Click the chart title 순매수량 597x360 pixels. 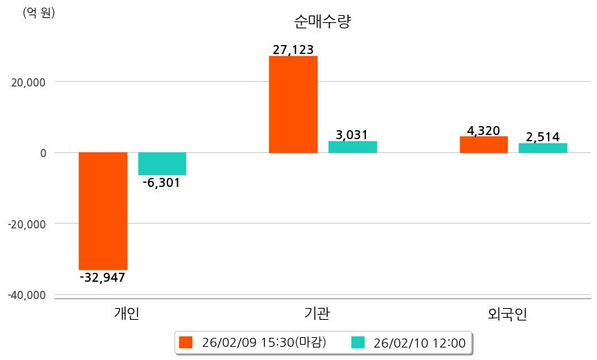323,21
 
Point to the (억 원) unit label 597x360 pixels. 39,12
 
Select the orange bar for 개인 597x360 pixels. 103,210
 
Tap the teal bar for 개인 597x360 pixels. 162,163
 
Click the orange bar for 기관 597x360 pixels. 293,104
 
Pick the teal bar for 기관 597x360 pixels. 352,147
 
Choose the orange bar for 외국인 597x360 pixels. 484,144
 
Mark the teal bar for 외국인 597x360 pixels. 543,147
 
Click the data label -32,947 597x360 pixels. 103,278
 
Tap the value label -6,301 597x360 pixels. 161,183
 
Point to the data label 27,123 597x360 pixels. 293,49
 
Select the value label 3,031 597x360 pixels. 352,134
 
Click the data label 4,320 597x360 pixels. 484,129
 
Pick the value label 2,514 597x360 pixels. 543,136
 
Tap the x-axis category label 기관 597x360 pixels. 317,314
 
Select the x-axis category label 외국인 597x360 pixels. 507,314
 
